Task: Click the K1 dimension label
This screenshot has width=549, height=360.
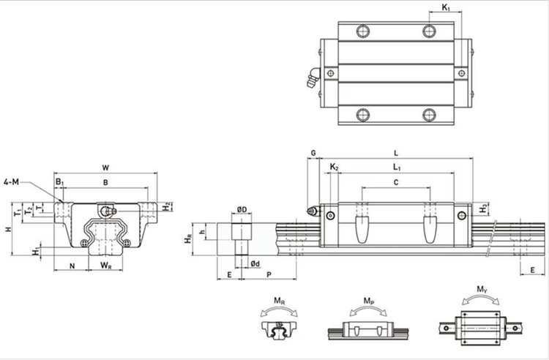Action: [445, 7]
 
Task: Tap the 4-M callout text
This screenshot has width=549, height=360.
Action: [11, 181]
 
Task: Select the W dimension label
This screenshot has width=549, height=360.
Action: [105, 168]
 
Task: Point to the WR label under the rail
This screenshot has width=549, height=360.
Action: [105, 266]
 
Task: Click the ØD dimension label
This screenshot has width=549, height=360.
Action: [242, 209]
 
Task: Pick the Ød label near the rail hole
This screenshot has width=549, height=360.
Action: [255, 263]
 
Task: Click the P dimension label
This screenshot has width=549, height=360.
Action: [269, 274]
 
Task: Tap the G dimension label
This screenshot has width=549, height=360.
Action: [313, 153]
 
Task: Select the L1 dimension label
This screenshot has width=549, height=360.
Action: [396, 168]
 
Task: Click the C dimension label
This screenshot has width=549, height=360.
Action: [396, 182]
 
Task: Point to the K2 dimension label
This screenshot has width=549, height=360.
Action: [334, 167]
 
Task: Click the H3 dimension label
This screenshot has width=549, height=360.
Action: [483, 208]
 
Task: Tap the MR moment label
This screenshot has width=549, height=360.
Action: [279, 301]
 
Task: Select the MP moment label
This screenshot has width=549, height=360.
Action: [369, 301]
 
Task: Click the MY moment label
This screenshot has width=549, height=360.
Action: [482, 289]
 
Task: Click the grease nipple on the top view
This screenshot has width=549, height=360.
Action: [313, 78]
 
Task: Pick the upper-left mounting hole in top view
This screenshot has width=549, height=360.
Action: [363, 31]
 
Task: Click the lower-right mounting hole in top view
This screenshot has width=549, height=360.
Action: [429, 115]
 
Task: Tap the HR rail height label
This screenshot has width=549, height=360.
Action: [188, 239]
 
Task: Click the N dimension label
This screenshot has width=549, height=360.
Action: [72, 266]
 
